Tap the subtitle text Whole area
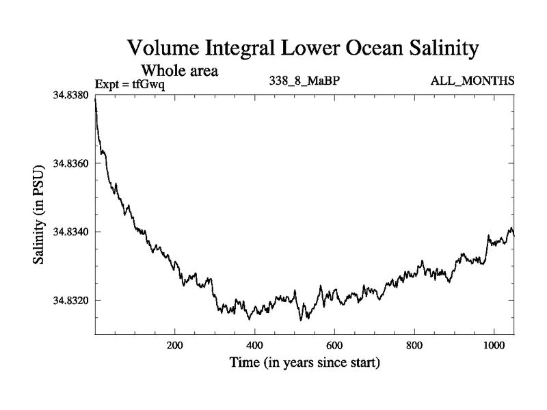coord(179,70)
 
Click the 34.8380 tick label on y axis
coord(70,96)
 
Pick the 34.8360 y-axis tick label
coord(70,164)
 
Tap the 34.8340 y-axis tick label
coord(70,232)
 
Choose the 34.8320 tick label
coord(70,301)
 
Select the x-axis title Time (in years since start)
coord(304,363)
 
